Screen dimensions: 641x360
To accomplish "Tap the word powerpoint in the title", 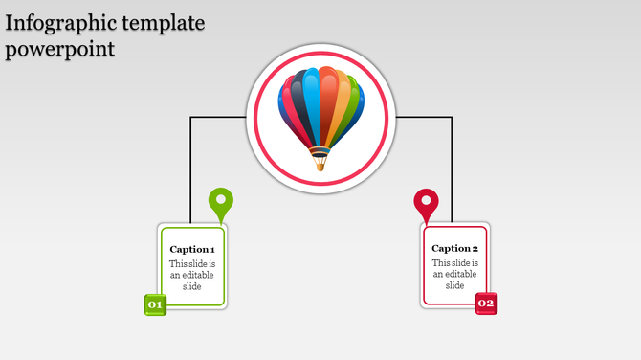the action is (59, 48).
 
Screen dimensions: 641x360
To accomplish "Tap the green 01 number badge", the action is (155, 304).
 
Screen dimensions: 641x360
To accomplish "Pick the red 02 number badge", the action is (486, 304).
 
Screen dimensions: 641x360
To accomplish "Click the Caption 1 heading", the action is (192, 249).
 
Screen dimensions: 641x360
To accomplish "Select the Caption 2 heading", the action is (455, 248).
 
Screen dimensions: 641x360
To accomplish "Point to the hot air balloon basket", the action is (320, 163).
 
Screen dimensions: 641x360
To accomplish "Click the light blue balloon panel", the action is (309, 101).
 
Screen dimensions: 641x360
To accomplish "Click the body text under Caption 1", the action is (192, 275).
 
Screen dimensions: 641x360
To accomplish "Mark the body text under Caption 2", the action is (455, 274).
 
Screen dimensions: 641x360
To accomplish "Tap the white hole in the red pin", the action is (426, 200).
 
